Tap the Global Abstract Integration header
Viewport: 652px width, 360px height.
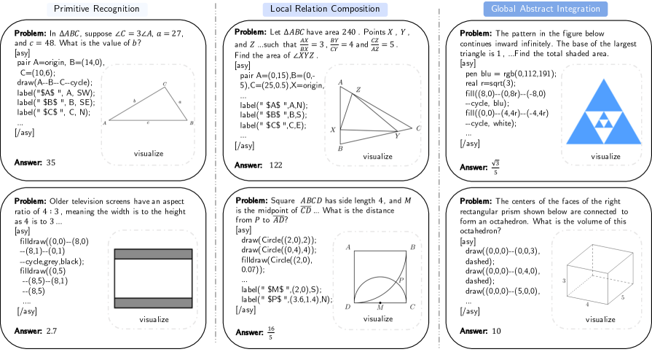546,9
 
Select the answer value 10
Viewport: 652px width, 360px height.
495,331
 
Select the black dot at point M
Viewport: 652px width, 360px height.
380,302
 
